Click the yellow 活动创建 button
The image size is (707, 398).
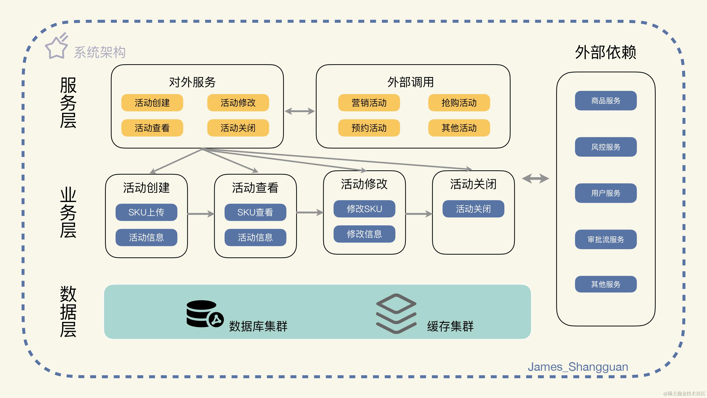152,103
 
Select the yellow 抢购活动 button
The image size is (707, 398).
459,103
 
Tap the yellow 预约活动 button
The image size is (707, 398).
369,128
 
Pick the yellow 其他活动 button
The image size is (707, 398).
459,128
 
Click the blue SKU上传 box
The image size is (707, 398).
146,212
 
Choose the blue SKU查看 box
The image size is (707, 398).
255,212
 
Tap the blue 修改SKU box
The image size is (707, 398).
364,209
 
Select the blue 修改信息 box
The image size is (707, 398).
364,234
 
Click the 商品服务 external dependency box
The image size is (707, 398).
606,101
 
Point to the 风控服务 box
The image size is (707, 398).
606,147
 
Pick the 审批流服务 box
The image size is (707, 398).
606,239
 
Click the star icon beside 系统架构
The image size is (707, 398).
57,47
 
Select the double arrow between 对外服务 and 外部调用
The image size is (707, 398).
300,111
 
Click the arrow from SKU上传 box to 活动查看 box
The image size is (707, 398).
201,214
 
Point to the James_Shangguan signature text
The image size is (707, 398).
578,367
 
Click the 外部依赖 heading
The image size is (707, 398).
605,52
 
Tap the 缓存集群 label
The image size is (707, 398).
450,326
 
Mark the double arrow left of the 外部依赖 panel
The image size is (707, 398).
535,178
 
